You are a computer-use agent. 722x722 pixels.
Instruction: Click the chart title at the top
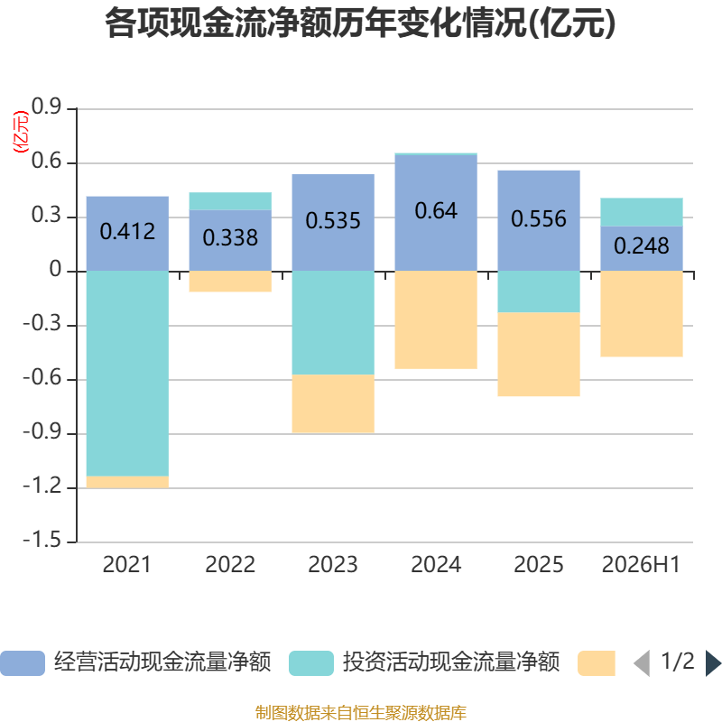tap(360, 23)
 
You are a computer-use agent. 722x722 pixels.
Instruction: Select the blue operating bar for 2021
tap(127, 234)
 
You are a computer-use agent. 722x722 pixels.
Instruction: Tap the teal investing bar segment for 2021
tap(127, 374)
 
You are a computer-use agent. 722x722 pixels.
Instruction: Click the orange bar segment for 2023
tap(333, 403)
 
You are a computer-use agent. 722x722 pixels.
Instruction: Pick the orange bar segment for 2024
tap(436, 319)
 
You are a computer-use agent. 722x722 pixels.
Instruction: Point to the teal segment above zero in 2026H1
tap(642, 212)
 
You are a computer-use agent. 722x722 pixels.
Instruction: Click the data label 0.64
tap(436, 211)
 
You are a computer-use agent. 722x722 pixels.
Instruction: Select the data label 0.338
tap(230, 237)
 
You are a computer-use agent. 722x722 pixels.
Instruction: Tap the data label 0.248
tap(642, 245)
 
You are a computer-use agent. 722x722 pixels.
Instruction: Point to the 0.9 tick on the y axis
tap(46, 106)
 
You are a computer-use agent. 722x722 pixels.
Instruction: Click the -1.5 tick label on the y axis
tap(42, 540)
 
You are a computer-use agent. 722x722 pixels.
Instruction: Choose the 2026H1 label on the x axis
tap(641, 565)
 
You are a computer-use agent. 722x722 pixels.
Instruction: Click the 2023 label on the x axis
tap(333, 565)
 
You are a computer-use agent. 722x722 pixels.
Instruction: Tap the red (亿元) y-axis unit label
tap(21, 132)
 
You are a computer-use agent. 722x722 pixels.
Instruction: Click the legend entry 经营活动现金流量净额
tap(136, 662)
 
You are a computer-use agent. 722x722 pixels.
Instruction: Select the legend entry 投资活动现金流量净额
tap(424, 662)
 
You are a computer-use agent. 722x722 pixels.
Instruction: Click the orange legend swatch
tap(597, 663)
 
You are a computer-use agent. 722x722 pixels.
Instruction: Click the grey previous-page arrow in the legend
tap(642, 663)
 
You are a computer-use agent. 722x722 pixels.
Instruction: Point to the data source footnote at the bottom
tap(360, 712)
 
